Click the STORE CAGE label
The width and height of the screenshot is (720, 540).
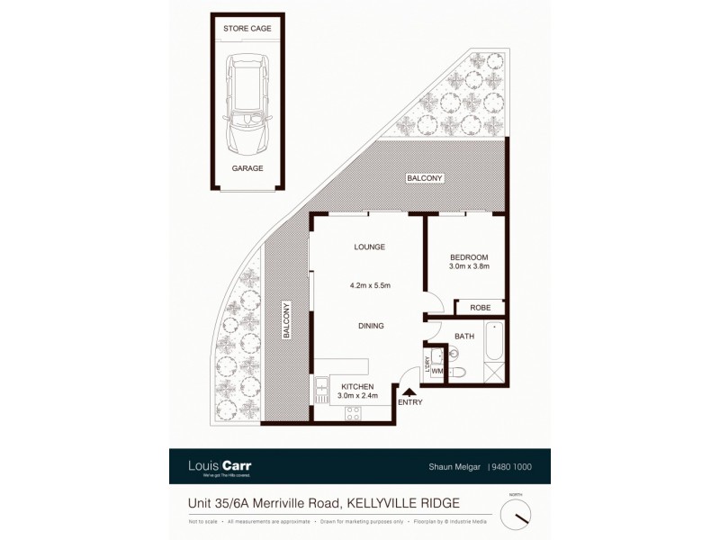[247, 29]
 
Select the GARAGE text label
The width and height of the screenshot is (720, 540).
[247, 167]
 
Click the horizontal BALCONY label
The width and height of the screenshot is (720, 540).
[424, 178]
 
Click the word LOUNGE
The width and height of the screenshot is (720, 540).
[369, 247]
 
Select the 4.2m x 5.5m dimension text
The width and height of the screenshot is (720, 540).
[369, 286]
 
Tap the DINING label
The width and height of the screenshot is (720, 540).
[370, 326]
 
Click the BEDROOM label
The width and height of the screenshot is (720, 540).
[468, 257]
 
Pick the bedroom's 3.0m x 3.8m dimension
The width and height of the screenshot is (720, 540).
[468, 268]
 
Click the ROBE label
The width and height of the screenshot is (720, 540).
[480, 307]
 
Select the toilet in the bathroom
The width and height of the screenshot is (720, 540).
[457, 373]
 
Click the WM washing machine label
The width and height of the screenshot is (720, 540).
[436, 371]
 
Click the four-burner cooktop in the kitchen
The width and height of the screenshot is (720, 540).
[352, 413]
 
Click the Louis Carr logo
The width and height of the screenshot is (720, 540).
[220, 466]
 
